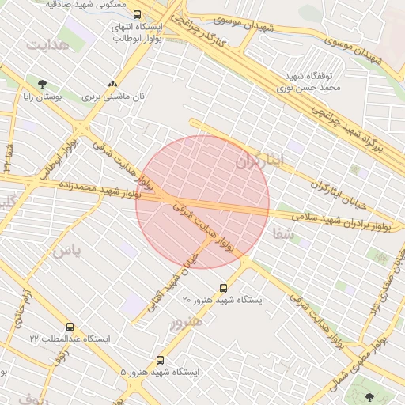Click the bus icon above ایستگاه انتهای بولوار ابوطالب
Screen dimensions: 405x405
(138, 14)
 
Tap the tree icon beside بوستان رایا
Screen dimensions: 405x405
(41, 84)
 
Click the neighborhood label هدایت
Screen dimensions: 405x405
(47, 44)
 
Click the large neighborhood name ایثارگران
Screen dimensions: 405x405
(264, 162)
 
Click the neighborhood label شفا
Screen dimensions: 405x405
(282, 234)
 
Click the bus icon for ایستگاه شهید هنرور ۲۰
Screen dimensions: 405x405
(223, 288)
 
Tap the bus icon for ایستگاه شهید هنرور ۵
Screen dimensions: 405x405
(161, 360)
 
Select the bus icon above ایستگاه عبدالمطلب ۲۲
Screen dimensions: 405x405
(70, 327)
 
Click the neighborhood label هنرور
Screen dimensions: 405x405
(186, 321)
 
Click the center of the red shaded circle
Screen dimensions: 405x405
(202, 202)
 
